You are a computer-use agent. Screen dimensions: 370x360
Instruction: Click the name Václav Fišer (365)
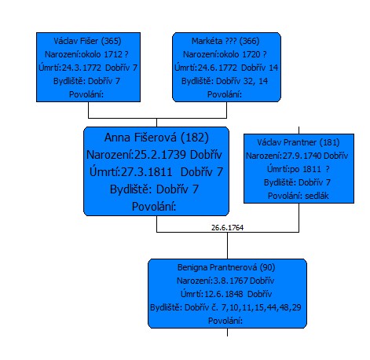[87, 41]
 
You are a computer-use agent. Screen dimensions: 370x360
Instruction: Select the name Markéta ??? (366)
[225, 41]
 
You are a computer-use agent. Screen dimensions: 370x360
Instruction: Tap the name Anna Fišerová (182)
[156, 138]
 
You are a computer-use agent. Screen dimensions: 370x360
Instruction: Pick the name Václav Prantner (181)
[299, 142]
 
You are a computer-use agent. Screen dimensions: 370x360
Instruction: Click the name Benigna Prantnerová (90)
[226, 267]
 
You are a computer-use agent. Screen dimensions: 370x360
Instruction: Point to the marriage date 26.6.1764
[227, 227]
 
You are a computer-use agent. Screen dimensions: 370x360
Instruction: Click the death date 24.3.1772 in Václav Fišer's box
[82, 68]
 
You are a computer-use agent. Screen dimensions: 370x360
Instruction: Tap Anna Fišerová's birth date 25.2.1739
[160, 155]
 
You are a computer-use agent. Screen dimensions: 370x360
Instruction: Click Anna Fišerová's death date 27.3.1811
[147, 172]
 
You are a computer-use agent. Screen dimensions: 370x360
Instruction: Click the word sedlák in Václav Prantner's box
[317, 196]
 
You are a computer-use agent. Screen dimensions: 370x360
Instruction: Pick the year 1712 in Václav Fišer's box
[113, 54]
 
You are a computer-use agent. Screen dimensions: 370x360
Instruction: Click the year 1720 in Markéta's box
[251, 54]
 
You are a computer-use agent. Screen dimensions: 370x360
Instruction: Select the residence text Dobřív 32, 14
[242, 81]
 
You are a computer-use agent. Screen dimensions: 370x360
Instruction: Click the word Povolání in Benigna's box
[225, 321]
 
